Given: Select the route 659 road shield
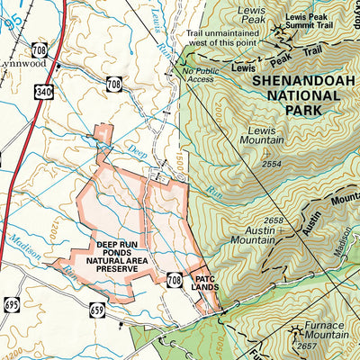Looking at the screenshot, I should click(x=96, y=310).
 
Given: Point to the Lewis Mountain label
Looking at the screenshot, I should click(x=265, y=136).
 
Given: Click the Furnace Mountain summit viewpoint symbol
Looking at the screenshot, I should click(x=299, y=330).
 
